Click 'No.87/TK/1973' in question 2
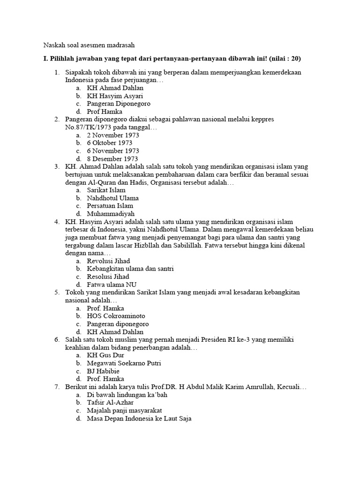tap(87, 127)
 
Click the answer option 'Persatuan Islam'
tap(110, 206)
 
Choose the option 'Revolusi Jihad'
tap(108, 261)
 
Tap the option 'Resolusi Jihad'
tap(108, 277)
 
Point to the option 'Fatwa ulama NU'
tap(109, 285)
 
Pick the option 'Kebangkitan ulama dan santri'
tap(130, 269)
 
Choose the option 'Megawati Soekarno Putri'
tap(124, 363)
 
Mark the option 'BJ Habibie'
tap(103, 371)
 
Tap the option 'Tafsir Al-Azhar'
tap(110, 403)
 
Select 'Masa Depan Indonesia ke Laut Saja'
tap(140, 419)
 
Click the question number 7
tap(56, 387)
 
